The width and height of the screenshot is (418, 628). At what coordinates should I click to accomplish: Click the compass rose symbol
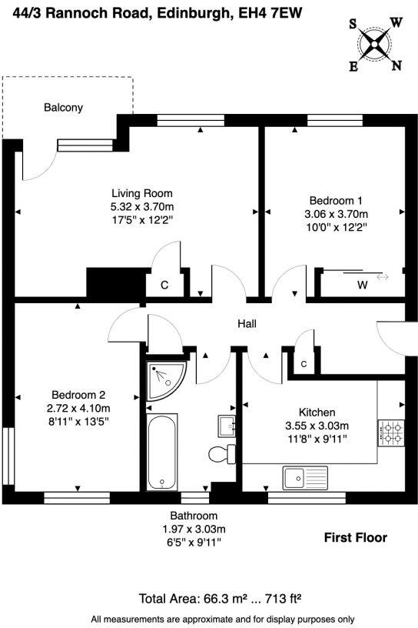[376, 44]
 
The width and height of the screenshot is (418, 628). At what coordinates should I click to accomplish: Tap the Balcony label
[63, 108]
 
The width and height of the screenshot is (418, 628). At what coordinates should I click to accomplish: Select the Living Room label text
[142, 193]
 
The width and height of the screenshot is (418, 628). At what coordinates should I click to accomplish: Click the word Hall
[247, 325]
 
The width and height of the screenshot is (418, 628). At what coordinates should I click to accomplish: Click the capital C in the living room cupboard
[164, 286]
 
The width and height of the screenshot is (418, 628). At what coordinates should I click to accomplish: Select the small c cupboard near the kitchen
[304, 362]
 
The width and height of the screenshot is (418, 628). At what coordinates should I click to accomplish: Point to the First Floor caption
[355, 537]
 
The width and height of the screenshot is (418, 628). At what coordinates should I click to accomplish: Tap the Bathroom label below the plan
[194, 516]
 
